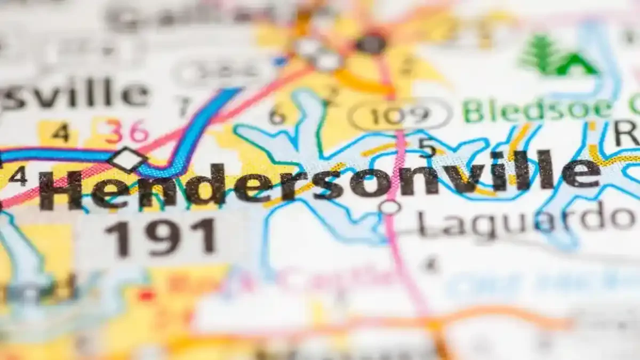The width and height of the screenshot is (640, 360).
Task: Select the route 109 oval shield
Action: click(x=400, y=114)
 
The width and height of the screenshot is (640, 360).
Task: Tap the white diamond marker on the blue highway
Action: click(x=127, y=158)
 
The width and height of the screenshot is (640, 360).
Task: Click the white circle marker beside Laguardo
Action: click(x=390, y=207)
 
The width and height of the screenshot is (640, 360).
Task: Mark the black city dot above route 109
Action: click(x=371, y=43)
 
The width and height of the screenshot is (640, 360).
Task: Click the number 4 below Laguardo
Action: click(x=431, y=263)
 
